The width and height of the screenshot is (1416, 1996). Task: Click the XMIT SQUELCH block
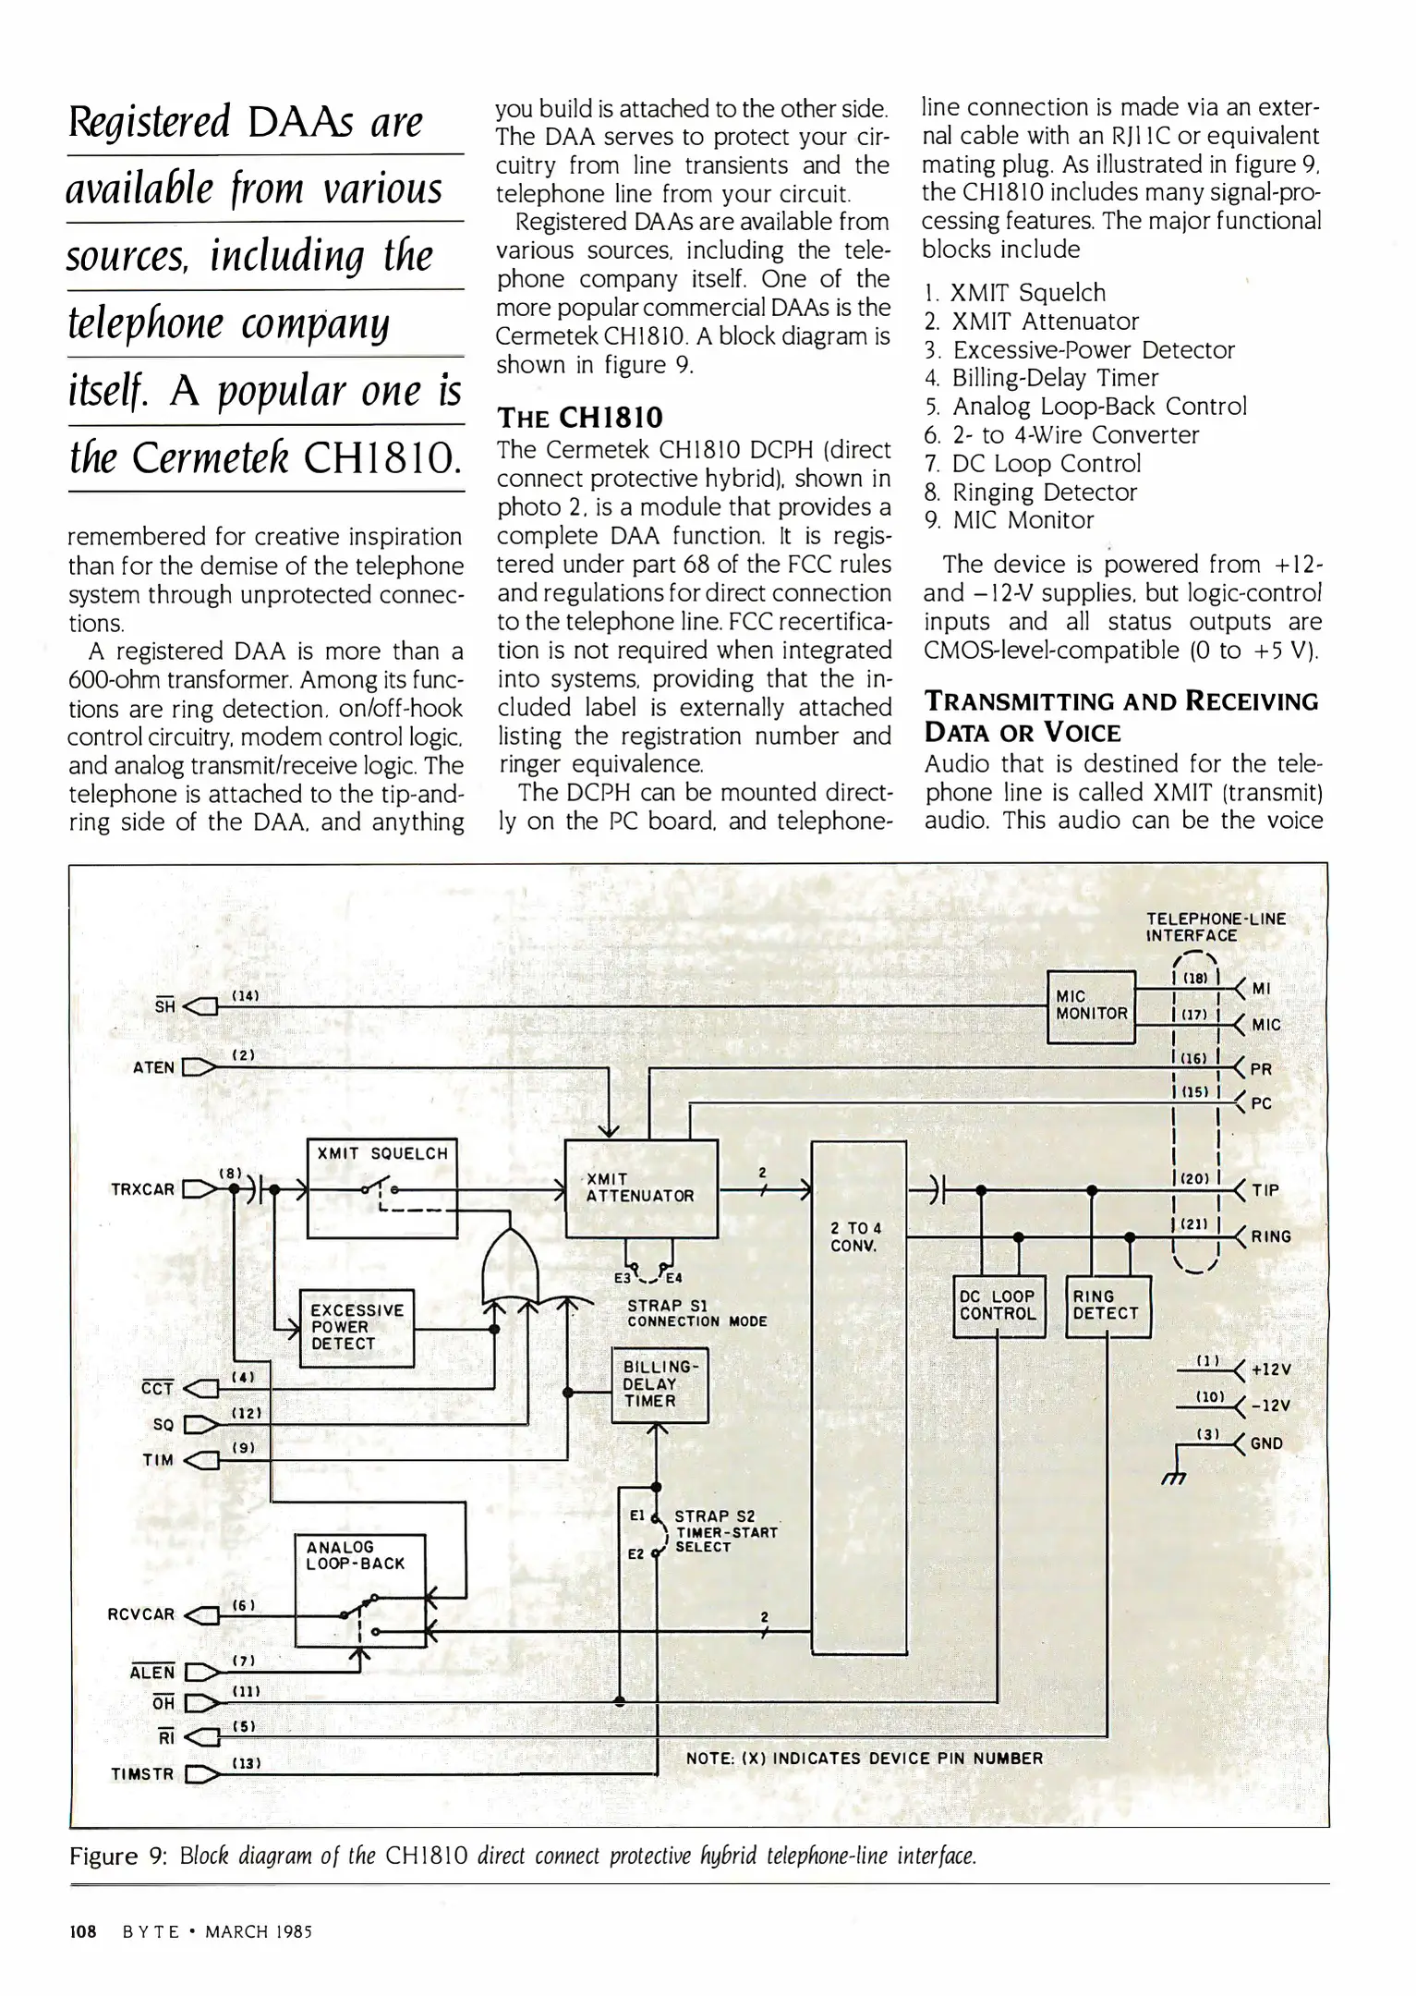pos(381,1187)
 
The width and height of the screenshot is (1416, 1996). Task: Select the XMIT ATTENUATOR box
pos(641,1187)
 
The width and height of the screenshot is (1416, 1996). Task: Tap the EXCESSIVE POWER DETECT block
pos(357,1327)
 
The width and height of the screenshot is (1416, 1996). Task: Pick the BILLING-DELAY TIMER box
pos(660,1384)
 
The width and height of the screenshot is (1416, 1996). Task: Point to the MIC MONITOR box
pos(1091,1005)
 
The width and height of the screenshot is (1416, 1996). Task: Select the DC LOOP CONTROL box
pos(998,1306)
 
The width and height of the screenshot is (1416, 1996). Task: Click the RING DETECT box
pos(1107,1306)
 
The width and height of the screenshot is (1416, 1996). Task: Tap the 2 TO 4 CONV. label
pos(857,1236)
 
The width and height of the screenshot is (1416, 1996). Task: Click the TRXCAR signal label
pos(142,1189)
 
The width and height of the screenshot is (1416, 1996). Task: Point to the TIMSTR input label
pos(142,1774)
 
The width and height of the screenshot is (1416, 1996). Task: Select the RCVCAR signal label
pos(140,1614)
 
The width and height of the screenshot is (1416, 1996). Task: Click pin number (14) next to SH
pos(245,996)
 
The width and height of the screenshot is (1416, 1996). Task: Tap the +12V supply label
pos(1270,1369)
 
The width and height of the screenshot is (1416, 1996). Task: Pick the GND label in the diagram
pos(1266,1443)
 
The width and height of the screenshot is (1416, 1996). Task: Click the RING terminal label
pos(1271,1236)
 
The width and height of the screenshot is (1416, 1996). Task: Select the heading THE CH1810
pos(579,418)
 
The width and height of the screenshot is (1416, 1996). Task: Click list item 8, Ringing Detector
pos(1030,492)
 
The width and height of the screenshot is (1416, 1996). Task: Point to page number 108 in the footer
pos(83,1932)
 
